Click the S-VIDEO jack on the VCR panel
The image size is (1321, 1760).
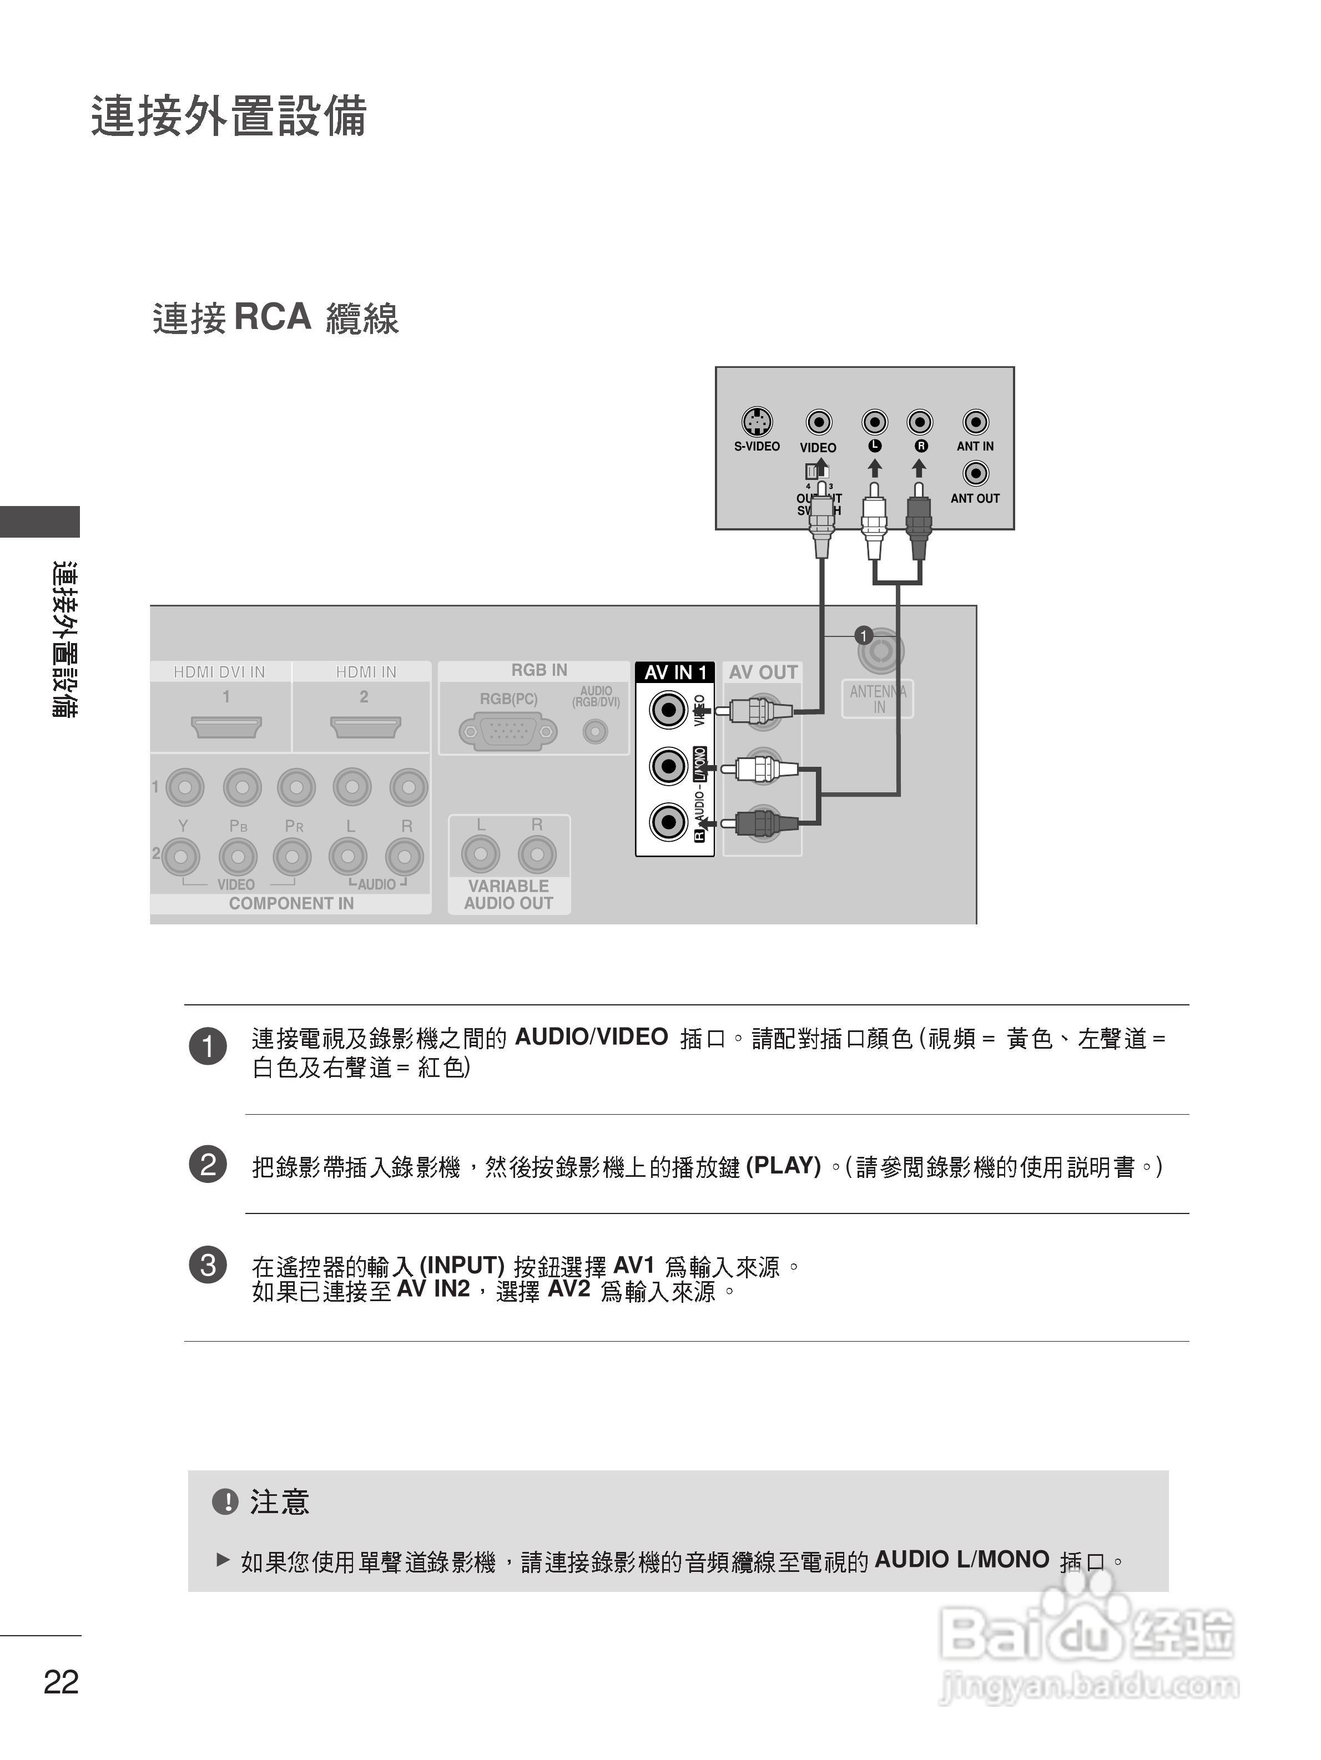pos(756,422)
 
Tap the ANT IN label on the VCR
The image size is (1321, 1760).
pos(975,446)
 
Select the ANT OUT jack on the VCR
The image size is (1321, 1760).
pos(976,473)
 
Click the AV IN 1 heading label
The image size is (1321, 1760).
pos(675,672)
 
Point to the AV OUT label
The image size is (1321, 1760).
pos(763,672)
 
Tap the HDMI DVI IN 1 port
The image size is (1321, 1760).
pos(226,726)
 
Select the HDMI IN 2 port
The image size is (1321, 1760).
pos(365,726)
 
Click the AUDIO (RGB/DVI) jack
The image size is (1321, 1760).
pos(595,731)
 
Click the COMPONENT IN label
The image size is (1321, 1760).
pos(291,903)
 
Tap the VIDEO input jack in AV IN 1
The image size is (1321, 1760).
pos(668,709)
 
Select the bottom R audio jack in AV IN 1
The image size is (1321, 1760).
pos(668,822)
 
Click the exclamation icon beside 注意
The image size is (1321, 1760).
pos(225,1502)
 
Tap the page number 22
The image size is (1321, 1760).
pos(61,1682)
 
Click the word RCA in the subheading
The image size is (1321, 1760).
pos(272,317)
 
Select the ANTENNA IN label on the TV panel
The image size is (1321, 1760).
pos(878,699)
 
